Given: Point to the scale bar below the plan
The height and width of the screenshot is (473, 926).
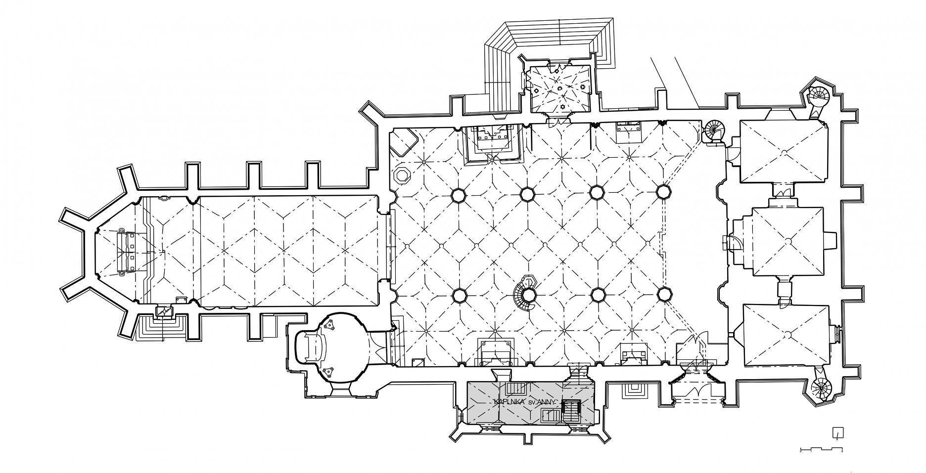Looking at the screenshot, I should point(821,449).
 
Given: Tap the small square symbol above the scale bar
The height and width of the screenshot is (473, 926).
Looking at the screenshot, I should point(837,433).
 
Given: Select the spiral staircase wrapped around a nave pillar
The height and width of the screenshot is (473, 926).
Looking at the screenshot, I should point(526,295).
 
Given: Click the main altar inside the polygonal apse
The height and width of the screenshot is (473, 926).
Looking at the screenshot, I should point(126,252).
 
